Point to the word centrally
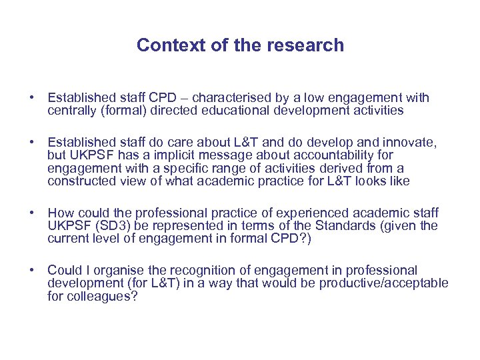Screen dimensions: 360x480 coord(72,111)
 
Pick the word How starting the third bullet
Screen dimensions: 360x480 coord(61,213)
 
